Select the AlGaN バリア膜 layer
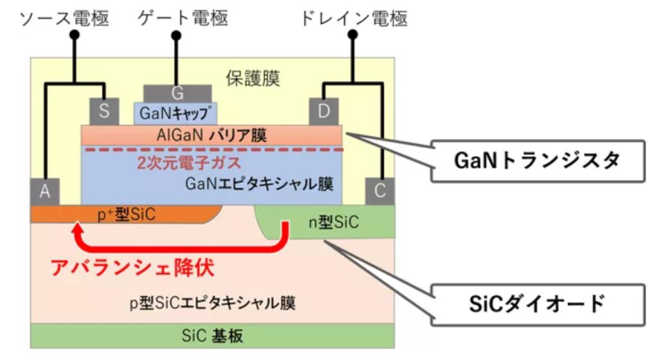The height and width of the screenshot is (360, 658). point(211,134)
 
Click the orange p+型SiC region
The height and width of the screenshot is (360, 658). point(123,215)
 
